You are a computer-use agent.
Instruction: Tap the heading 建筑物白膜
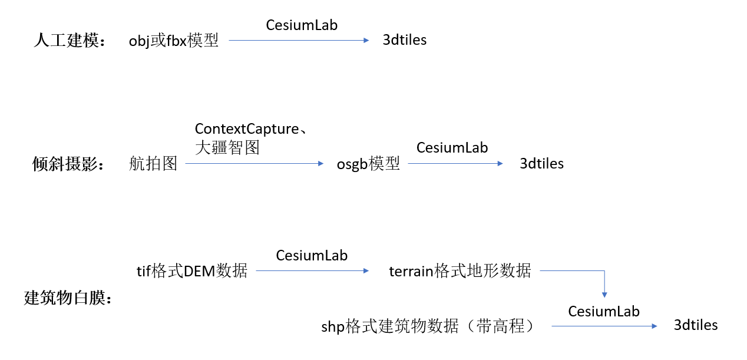68,298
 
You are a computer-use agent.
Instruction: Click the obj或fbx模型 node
174,41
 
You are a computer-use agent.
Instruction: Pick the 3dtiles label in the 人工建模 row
405,40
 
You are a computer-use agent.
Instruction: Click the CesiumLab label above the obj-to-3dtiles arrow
302,25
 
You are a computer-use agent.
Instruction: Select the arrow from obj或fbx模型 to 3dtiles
298,40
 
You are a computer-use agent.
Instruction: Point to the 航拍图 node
153,164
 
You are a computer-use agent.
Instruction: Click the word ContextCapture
247,128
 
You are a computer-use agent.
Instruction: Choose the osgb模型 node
368,164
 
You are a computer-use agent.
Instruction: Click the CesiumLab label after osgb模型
452,147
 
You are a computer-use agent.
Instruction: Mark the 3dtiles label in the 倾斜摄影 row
541,164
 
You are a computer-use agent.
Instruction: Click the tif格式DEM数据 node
192,271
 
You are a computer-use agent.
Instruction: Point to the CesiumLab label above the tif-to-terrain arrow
312,255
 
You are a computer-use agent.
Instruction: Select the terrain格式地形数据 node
460,271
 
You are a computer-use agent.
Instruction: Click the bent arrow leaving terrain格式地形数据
604,280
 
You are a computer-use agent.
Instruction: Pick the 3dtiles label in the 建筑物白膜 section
696,325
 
